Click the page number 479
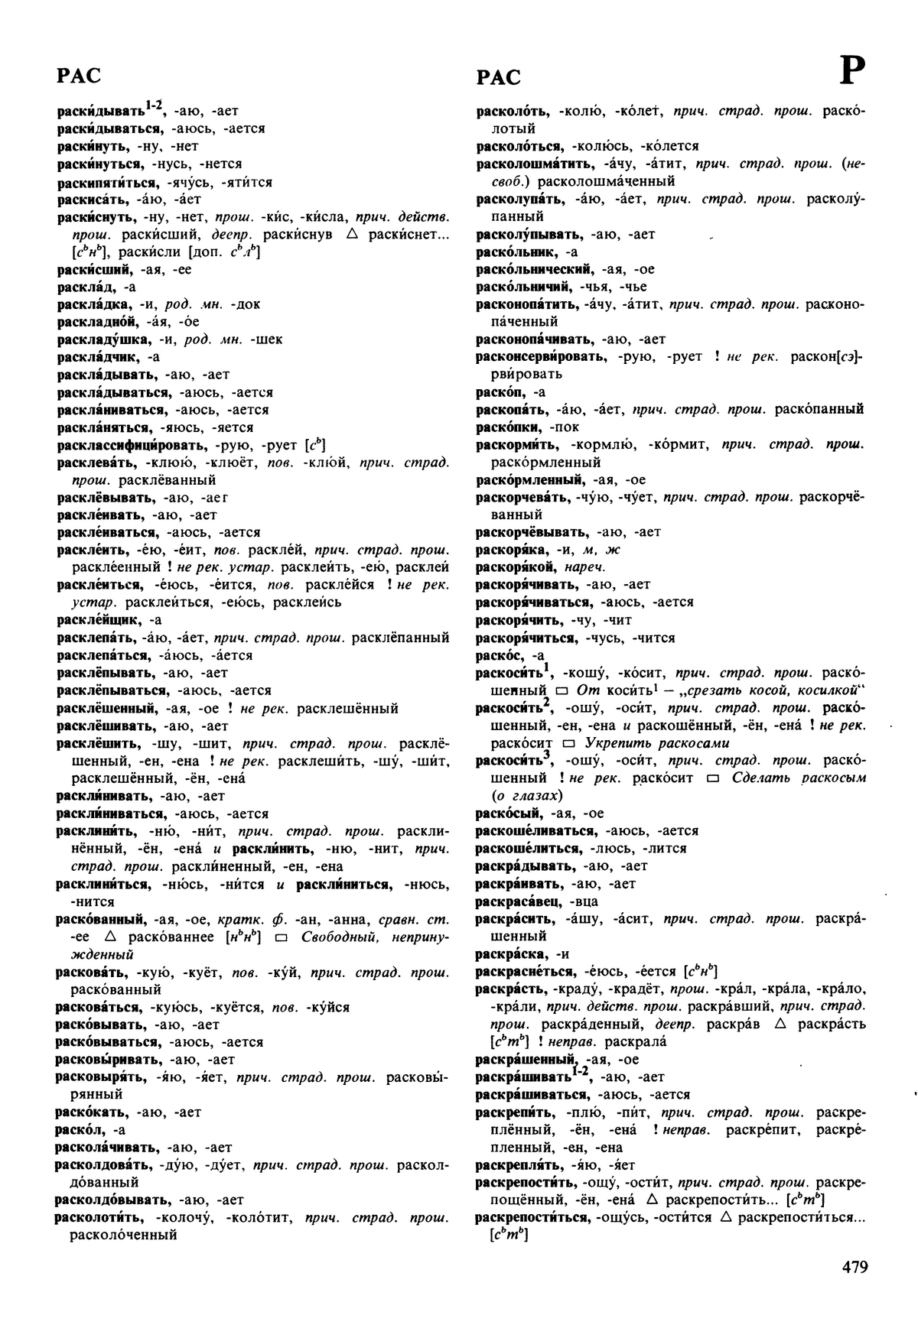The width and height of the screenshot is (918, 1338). point(855,1267)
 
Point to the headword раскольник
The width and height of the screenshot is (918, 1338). point(516,252)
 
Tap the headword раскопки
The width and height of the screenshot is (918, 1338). point(509,427)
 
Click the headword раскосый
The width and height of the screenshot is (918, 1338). point(508,814)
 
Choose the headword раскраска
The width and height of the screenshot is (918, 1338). point(511,954)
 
